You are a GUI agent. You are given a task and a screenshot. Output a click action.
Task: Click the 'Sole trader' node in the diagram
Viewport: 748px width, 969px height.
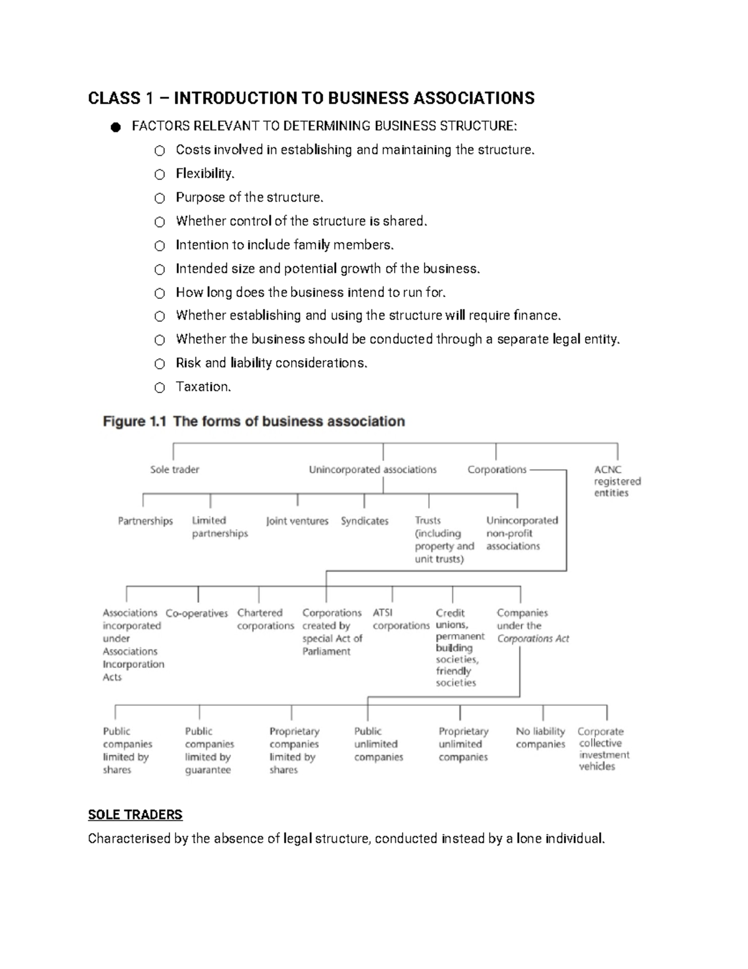coord(175,470)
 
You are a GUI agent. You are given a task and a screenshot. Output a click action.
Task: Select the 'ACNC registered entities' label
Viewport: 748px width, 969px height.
coord(616,481)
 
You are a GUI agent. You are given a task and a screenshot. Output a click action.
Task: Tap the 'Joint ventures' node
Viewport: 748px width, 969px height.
coord(297,521)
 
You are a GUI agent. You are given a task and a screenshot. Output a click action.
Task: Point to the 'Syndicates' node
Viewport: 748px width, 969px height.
coord(364,521)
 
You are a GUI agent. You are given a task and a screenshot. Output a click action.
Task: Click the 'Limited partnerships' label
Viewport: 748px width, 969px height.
coord(219,527)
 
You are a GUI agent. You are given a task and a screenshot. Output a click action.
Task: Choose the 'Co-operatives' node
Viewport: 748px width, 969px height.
coord(197,613)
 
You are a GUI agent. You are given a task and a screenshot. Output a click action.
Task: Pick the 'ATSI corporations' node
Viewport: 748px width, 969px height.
coord(401,619)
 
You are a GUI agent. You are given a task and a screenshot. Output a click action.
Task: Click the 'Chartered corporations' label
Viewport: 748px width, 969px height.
coord(265,619)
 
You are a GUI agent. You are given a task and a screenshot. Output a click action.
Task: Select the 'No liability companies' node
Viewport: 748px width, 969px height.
coord(540,738)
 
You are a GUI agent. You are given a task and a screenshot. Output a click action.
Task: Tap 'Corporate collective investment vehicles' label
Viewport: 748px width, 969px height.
coord(603,749)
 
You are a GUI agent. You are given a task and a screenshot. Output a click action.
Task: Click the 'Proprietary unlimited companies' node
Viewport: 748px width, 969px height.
coord(463,744)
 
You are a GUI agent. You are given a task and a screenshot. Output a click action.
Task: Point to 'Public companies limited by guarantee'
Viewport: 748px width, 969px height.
coord(209,750)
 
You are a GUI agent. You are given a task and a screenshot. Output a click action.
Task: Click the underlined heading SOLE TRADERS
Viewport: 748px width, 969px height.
coord(135,815)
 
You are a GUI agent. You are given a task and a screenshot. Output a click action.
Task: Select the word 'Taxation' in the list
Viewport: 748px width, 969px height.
coord(203,387)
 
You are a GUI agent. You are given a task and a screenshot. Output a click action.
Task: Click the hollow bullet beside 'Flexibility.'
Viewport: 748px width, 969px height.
coord(160,174)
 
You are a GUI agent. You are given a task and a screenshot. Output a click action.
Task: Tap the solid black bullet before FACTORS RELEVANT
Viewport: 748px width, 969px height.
coord(115,127)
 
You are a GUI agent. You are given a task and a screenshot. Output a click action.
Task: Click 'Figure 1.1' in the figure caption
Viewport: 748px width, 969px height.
coord(135,422)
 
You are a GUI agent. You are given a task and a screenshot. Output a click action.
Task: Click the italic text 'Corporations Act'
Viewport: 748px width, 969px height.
coord(533,639)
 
